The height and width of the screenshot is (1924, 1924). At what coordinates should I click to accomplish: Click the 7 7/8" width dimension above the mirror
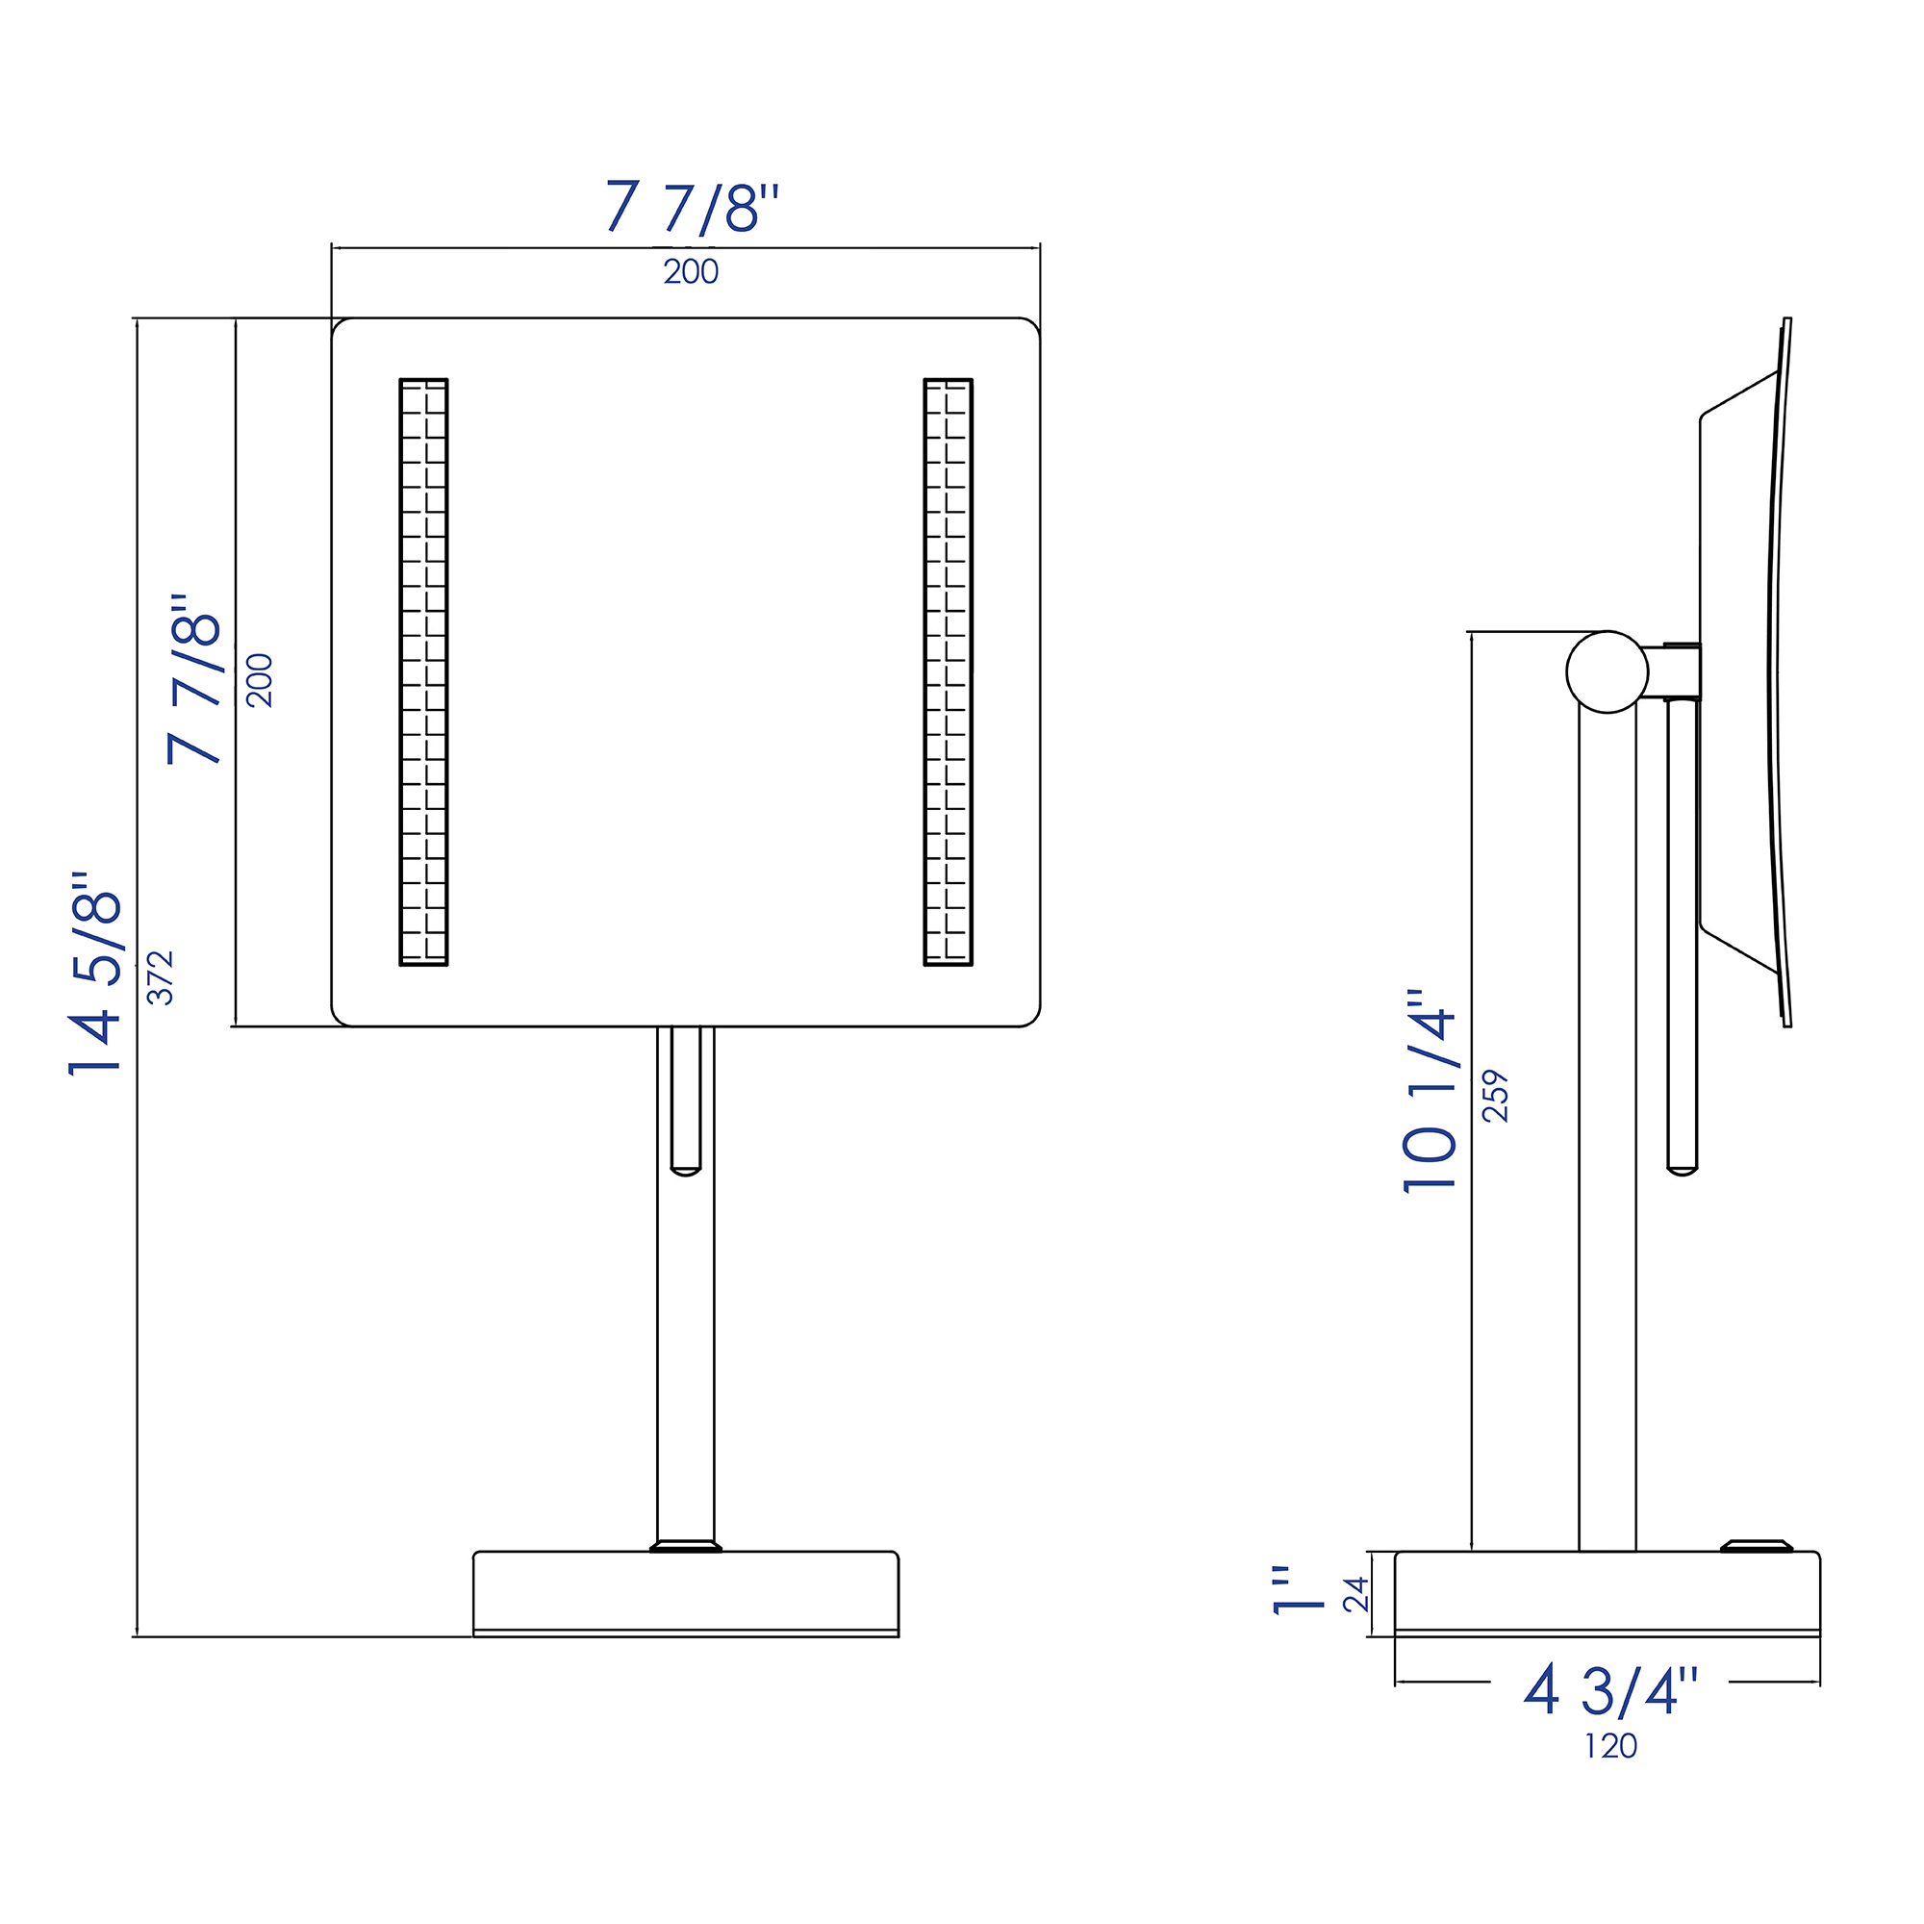coord(691,207)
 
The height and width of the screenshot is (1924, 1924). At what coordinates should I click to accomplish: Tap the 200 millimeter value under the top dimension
coord(691,272)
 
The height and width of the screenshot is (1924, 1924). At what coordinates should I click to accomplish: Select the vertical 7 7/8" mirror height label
coord(194,679)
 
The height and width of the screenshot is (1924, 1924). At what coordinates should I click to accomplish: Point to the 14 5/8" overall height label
coord(95,974)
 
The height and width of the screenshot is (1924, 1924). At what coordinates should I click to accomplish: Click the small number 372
coord(161,977)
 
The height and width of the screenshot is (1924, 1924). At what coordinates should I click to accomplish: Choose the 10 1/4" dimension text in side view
coord(1430,1092)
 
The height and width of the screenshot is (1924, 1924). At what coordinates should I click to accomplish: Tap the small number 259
coord(1496,1096)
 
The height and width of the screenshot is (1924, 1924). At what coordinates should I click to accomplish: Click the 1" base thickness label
coord(1299,1590)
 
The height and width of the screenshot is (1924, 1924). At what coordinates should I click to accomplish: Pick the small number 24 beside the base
coord(1355,1594)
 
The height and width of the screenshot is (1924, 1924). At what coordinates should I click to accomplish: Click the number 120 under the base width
coord(1610,1746)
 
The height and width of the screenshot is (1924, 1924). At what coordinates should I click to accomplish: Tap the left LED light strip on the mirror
coord(423,672)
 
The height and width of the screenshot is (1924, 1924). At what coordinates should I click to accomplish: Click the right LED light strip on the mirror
coord(949,672)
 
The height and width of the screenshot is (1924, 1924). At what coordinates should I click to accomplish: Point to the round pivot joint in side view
coord(1607,672)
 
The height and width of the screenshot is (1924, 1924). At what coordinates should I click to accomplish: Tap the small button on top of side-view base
coord(1757,1546)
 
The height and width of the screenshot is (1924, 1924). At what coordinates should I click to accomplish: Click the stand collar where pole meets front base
coord(685,1547)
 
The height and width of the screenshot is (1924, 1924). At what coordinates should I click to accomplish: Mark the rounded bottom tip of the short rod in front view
coord(685,1171)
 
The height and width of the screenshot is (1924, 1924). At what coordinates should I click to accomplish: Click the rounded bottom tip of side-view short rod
coord(1682,1171)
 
